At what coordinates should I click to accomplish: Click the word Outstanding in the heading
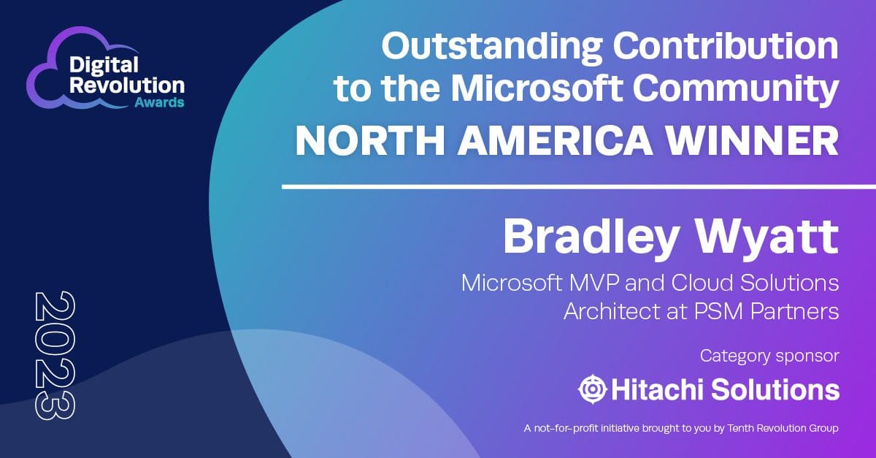[x=491, y=47]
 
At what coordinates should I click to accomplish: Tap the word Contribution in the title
[x=726, y=46]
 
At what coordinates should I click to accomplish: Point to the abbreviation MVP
[x=594, y=283]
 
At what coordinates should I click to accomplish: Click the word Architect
[x=625, y=312]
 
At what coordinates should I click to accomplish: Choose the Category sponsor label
[x=769, y=356]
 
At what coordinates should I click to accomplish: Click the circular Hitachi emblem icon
[x=593, y=389]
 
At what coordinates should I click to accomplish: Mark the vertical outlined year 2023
[x=55, y=356]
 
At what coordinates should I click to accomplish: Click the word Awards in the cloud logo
[x=159, y=102]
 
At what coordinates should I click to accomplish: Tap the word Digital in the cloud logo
[x=104, y=65]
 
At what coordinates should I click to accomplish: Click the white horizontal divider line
[x=579, y=187]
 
